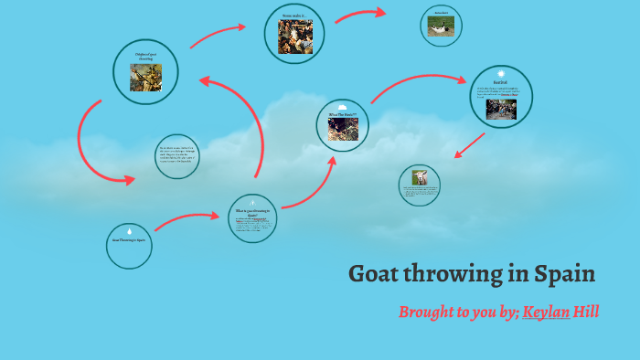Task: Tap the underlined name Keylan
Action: [546, 312]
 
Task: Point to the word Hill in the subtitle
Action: [586, 312]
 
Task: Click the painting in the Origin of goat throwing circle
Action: [145, 78]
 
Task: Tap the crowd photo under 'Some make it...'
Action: [295, 37]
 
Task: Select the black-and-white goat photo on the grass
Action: [441, 26]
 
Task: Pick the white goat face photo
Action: [420, 178]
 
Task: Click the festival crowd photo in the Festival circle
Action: [501, 109]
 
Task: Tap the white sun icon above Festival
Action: [501, 73]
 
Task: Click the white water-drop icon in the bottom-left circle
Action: [129, 231]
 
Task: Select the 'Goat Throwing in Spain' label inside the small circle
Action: [129, 240]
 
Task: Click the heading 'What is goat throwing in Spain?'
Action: [253, 214]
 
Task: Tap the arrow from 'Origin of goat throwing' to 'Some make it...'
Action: [218, 34]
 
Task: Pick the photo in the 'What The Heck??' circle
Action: [343, 130]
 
